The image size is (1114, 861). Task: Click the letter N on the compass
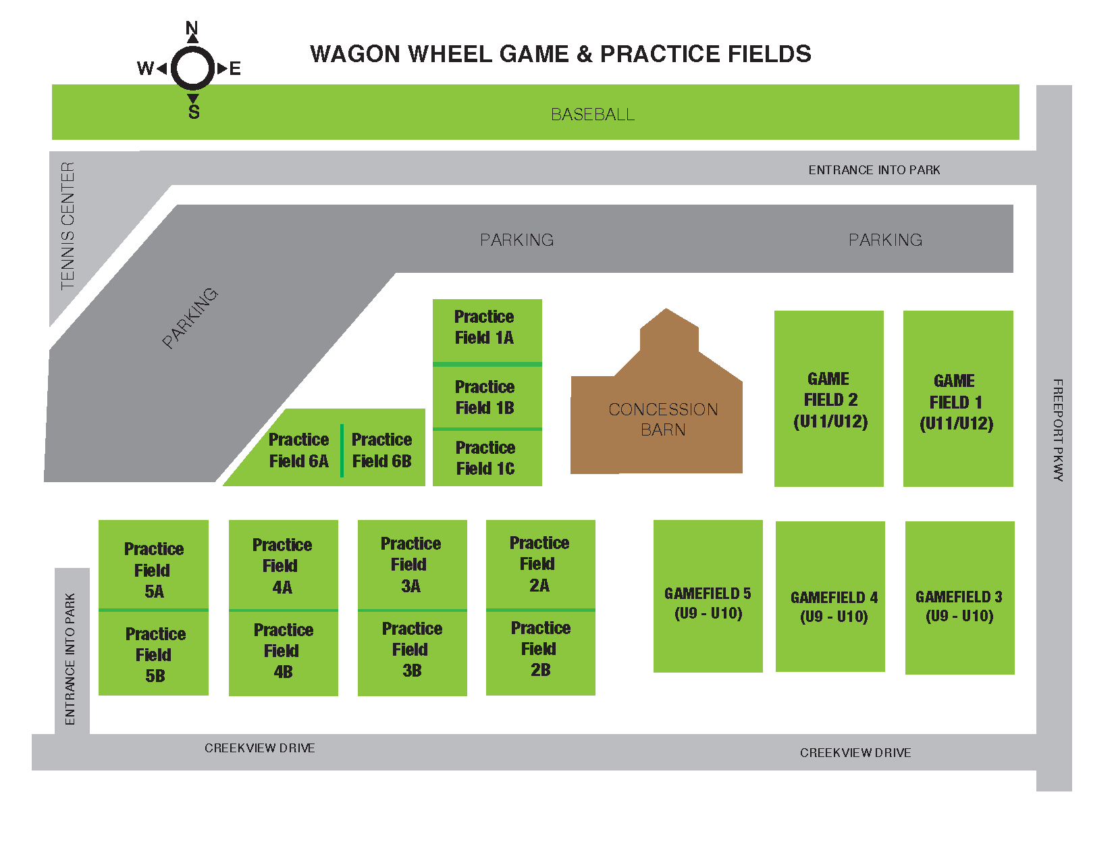point(192,28)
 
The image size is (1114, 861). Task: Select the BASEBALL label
point(593,114)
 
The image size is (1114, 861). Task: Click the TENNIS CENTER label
point(68,226)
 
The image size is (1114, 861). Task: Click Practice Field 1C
point(487,458)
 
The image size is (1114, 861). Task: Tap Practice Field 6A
point(298,450)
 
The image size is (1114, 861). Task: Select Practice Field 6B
point(382,450)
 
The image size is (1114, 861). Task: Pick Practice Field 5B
point(154,654)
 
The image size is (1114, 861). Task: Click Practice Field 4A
point(283,565)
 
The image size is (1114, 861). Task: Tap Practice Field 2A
point(540,564)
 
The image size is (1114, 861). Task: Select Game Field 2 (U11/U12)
point(829,399)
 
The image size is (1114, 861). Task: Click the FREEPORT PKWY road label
point(1057,430)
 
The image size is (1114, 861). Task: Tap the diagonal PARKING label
point(190,318)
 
